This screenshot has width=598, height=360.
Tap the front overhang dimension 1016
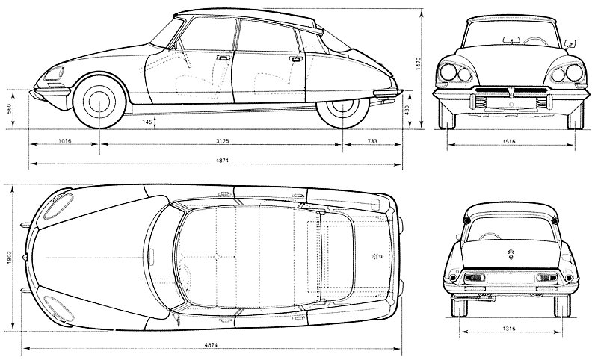[64, 141]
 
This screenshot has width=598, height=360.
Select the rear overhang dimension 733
[372, 141]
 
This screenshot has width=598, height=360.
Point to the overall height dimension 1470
[418, 63]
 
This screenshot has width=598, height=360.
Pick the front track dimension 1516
[509, 141]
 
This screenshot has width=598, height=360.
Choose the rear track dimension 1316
[509, 329]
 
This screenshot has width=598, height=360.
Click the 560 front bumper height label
[9, 109]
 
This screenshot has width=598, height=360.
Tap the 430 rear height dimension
[407, 110]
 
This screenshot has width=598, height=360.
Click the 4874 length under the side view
[222, 161]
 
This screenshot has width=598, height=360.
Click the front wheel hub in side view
[99, 101]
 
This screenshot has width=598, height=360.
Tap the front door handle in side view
[221, 58]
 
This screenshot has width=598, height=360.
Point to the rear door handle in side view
[295, 59]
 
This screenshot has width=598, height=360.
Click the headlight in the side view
[54, 72]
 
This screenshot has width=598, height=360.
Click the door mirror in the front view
[570, 43]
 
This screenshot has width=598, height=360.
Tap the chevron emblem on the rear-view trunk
[511, 254]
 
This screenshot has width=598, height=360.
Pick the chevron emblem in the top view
[377, 257]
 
